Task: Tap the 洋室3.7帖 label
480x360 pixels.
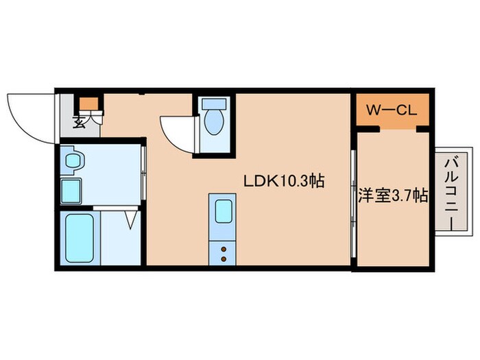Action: [393, 196]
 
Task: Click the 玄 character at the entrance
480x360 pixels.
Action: [80, 123]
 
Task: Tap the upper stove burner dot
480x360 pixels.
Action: [224, 250]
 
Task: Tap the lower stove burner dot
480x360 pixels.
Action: [224, 259]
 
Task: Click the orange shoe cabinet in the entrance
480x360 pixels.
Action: [88, 105]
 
